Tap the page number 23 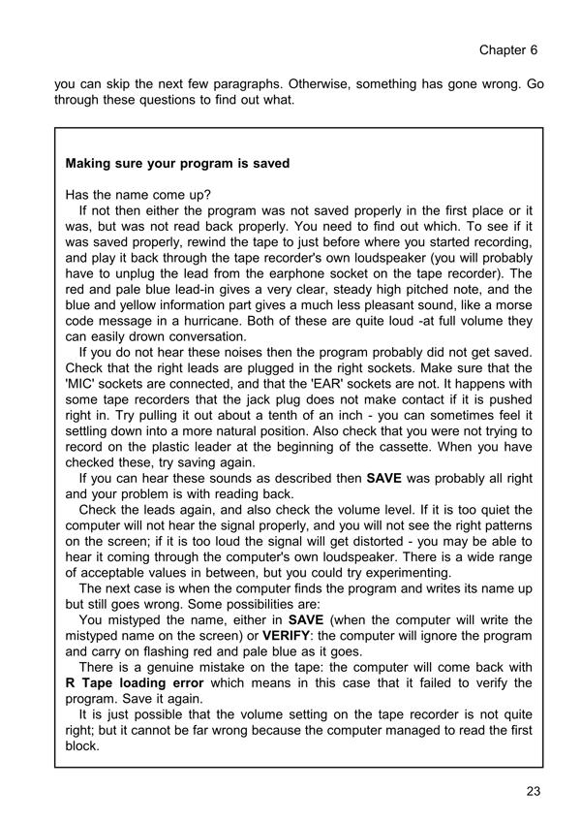coord(533,790)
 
